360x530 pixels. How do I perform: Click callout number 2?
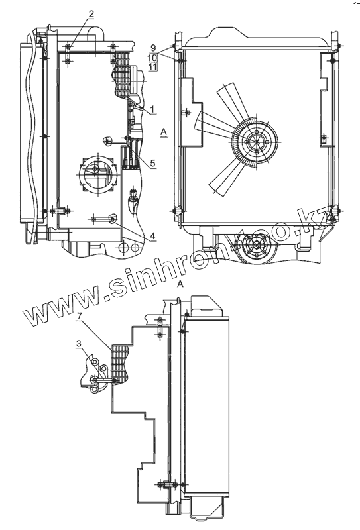91,14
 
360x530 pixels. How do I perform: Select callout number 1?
152,109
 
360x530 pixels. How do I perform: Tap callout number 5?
152,164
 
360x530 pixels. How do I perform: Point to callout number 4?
152,236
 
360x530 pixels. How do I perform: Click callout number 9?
153,48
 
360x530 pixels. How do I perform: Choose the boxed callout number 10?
152,57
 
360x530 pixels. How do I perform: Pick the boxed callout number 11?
152,66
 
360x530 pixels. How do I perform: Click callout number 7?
79,316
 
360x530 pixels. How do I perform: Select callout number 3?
78,344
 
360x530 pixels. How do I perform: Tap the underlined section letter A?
164,131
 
